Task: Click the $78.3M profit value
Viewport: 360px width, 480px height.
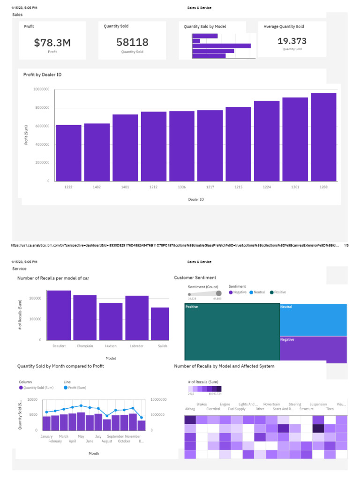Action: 52,43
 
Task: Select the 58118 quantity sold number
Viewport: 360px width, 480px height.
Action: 132,43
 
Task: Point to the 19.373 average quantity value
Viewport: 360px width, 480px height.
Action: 292,41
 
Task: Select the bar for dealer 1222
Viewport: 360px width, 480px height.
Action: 68,153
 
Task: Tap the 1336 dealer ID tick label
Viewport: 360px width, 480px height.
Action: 182,187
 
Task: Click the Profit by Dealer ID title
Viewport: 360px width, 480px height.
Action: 42,75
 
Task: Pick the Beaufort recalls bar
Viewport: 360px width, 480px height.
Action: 59,315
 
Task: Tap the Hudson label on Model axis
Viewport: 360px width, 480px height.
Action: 111,346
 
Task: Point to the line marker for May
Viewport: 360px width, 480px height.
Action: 81,405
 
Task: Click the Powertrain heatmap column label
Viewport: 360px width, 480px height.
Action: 271,404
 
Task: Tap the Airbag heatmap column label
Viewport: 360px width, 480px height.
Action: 190,409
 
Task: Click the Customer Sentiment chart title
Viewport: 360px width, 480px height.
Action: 195,277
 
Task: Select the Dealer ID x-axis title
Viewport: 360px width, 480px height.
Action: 196,199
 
